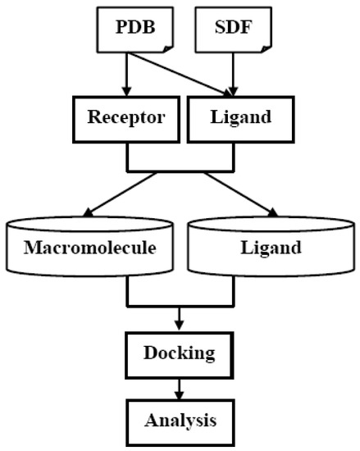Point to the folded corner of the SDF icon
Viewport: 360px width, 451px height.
(261, 48)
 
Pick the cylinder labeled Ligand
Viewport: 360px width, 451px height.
(271, 246)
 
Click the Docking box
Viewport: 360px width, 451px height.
(179, 353)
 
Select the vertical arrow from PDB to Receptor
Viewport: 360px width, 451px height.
(125, 73)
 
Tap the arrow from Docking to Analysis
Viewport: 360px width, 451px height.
(179, 387)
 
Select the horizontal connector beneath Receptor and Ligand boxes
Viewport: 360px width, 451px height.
(179, 171)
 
